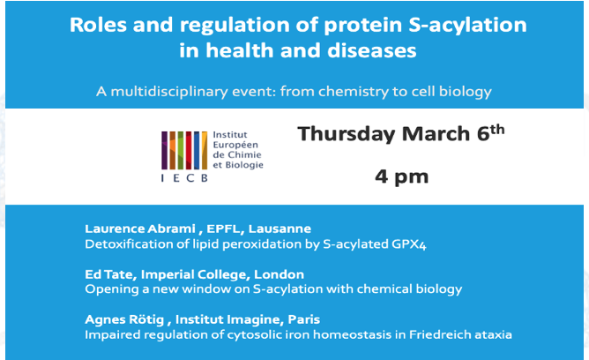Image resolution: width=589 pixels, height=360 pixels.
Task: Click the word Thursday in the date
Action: point(344,134)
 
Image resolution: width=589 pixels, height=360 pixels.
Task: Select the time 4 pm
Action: point(401,176)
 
